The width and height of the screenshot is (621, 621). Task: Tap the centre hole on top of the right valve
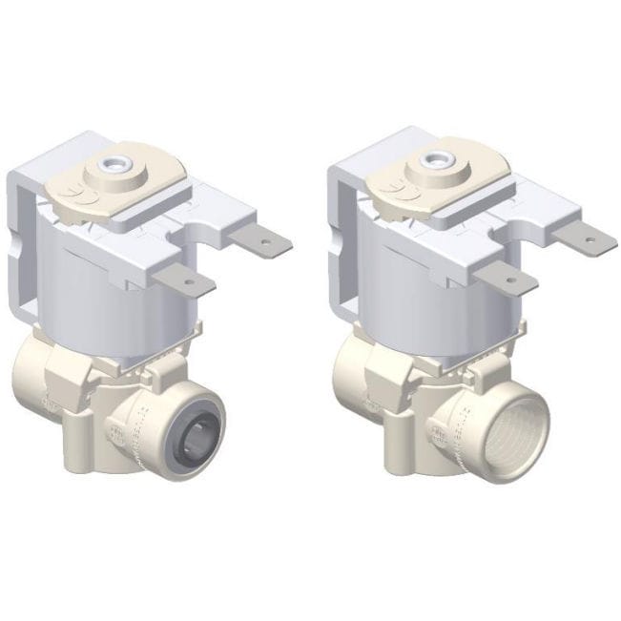442,155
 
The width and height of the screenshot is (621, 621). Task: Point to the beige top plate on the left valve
143,186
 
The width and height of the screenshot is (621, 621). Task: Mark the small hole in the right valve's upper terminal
588,240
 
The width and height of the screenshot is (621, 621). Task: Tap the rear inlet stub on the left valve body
38,372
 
